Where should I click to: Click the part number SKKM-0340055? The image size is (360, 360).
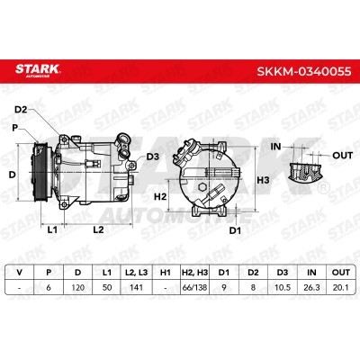[304, 71]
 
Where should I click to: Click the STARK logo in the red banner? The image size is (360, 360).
[38, 70]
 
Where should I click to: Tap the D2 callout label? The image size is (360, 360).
[21, 110]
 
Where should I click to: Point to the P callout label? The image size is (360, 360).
[15, 128]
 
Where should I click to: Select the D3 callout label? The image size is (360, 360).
[153, 157]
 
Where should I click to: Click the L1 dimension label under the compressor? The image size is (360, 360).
[52, 230]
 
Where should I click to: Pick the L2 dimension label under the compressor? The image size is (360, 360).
[98, 230]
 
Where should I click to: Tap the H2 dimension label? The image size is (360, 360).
[160, 197]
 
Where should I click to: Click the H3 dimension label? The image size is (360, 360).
[264, 180]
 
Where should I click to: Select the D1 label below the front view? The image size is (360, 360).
[235, 230]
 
